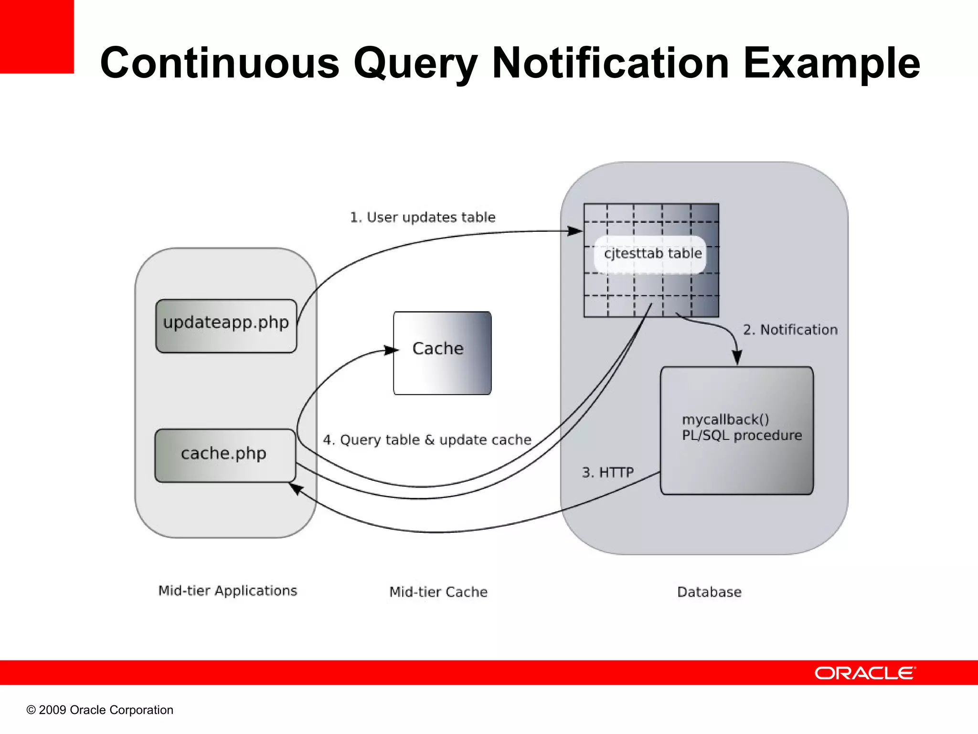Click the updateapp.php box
pos(226,326)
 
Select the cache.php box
pos(225,455)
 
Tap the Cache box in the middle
pos(442,353)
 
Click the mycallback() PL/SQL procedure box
pos(736,430)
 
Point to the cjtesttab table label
pos(653,253)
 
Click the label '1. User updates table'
pos(423,217)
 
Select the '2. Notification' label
pos(790,330)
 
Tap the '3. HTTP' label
pos(607,473)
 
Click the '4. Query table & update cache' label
pos(427,440)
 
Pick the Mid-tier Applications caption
pos(227,591)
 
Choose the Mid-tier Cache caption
pos(438,592)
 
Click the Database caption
pos(709,592)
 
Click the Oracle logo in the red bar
pos(865,673)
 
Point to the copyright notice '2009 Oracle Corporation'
pos(100,710)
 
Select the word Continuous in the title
pos(220,63)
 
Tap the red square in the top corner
pos(37,37)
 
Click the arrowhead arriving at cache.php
pos(296,488)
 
